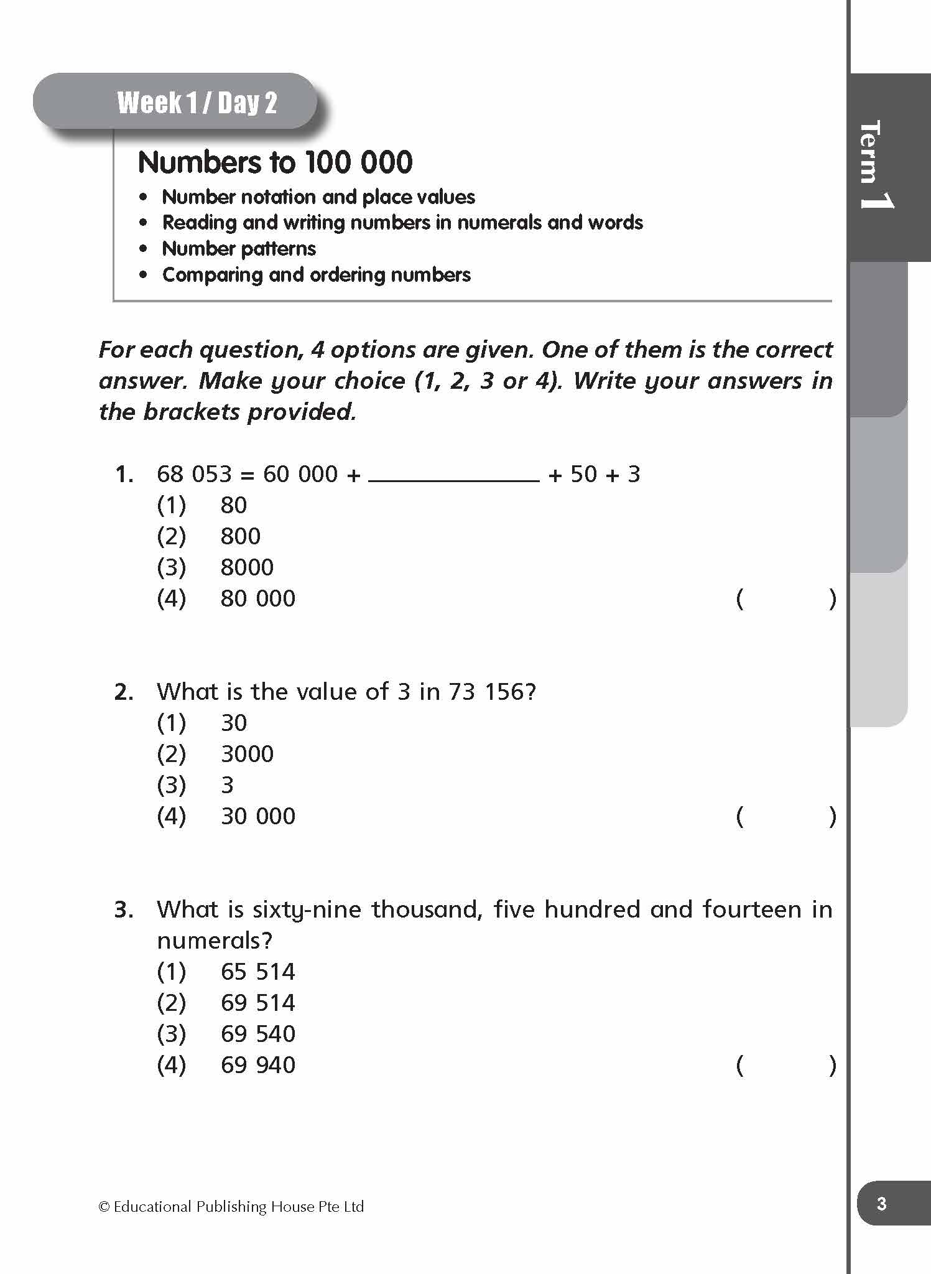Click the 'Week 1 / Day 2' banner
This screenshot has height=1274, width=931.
(197, 103)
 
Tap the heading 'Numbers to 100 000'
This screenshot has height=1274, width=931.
(275, 162)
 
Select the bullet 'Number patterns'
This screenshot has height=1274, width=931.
(239, 249)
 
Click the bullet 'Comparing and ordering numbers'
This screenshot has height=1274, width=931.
(316, 275)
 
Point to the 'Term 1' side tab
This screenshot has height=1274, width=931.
(878, 165)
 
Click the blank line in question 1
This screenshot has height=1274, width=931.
(454, 477)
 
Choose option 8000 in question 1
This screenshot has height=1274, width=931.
(247, 567)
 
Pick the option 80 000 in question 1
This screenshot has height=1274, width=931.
(257, 598)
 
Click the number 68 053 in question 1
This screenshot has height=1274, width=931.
(194, 475)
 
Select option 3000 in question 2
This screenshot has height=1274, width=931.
(247, 754)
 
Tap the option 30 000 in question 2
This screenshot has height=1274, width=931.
(257, 816)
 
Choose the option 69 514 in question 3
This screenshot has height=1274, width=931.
(257, 1003)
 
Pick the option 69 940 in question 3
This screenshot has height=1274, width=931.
(257, 1065)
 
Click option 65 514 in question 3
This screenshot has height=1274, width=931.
(257, 972)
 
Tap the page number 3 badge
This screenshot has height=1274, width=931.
(881, 1204)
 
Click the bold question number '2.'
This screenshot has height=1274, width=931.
(124, 692)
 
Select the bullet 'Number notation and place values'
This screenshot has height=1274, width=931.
(318, 197)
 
